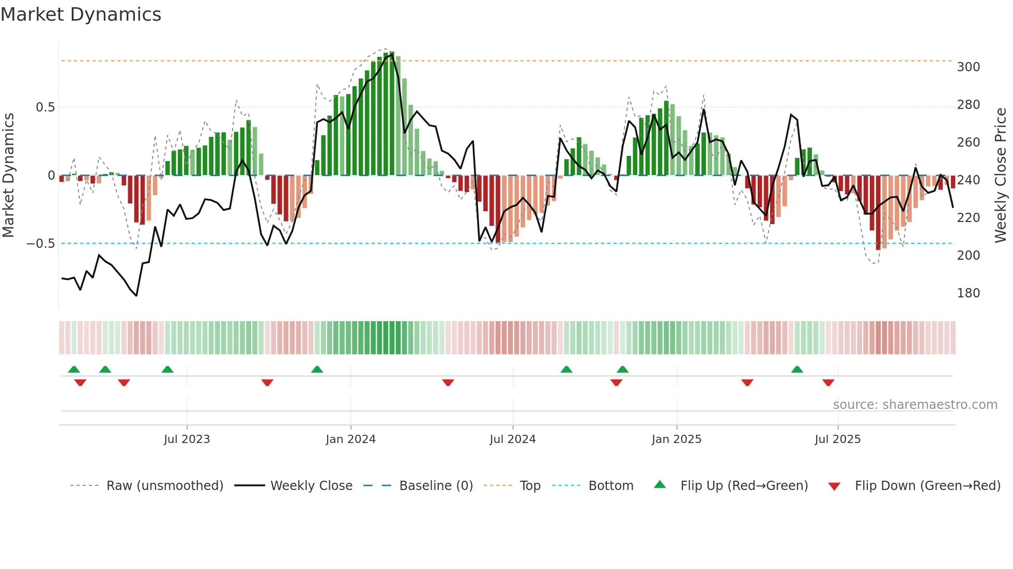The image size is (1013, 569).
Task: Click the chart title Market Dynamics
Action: click(x=81, y=14)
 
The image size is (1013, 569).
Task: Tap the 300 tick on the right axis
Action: click(x=968, y=67)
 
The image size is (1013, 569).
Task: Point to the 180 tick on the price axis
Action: click(x=968, y=293)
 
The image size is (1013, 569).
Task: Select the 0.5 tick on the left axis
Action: click(x=45, y=107)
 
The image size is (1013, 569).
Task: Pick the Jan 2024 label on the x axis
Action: click(x=350, y=439)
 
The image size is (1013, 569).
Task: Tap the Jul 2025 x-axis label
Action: click(x=837, y=439)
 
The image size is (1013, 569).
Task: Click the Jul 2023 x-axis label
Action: click(x=187, y=439)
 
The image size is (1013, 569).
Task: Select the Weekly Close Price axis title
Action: click(x=1001, y=176)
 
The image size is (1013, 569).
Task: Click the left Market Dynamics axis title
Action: click(x=8, y=176)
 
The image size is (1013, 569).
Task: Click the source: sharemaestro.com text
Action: click(x=915, y=405)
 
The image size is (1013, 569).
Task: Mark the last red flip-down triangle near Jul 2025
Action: click(x=828, y=383)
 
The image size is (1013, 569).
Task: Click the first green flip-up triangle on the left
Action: click(x=74, y=369)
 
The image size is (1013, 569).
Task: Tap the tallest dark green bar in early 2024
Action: click(x=392, y=114)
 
